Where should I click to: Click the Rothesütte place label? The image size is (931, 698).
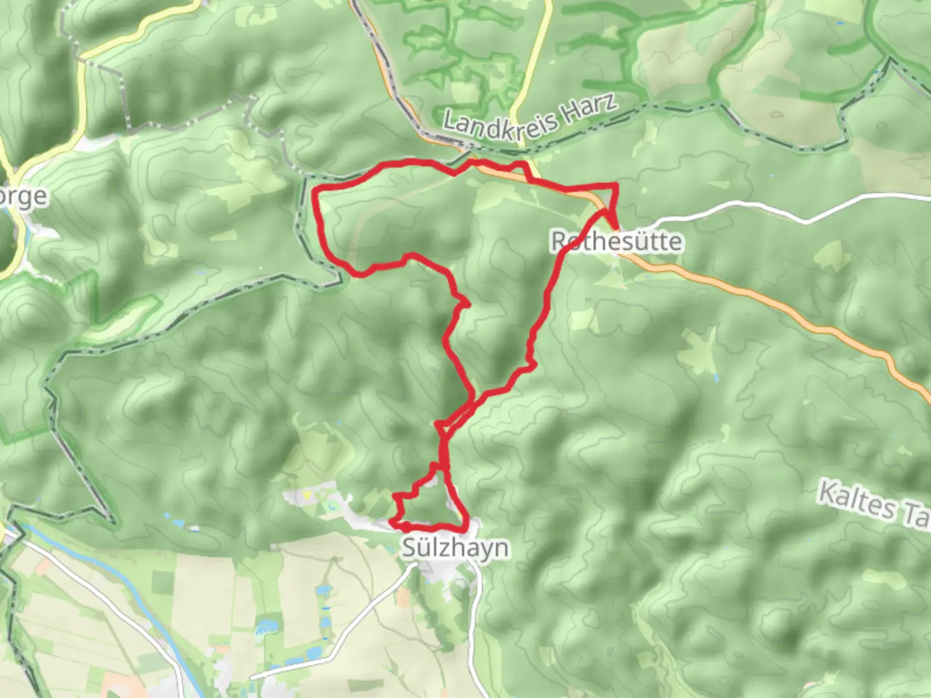pos(616,242)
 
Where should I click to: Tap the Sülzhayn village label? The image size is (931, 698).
pos(455,548)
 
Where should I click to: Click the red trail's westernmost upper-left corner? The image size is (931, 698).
pos(316,190)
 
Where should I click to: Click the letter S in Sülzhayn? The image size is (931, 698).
pos(410,548)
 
